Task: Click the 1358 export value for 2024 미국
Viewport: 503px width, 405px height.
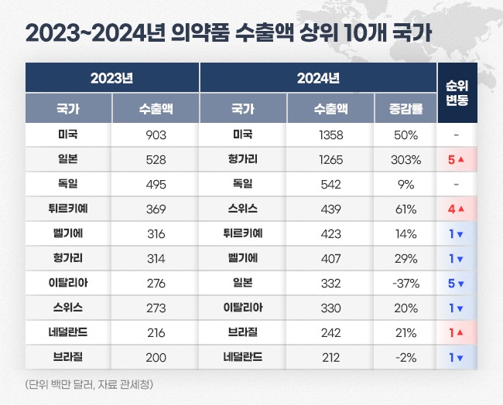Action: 330,134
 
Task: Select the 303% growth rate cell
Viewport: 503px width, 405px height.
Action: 405,160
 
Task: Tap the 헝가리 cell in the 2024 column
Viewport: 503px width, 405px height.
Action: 243,160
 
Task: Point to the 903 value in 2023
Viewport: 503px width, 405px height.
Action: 156,134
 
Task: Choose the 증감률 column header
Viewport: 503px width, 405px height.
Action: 405,109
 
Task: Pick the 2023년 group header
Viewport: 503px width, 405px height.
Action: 112,78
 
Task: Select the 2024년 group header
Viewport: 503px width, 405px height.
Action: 318,78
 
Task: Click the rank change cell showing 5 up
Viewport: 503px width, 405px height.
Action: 457,160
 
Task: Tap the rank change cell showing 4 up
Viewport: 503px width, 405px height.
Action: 457,209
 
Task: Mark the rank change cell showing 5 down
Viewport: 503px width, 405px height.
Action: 457,284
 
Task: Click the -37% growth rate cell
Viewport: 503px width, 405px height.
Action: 405,284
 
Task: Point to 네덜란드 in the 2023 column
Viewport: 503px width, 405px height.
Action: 68,333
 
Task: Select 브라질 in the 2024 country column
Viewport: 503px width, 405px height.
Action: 243,333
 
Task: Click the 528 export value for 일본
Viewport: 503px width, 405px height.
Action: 156,160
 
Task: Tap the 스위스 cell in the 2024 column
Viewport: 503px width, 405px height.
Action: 243,209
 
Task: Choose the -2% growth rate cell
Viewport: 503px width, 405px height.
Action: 405,358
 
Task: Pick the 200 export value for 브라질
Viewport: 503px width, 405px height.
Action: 156,358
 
